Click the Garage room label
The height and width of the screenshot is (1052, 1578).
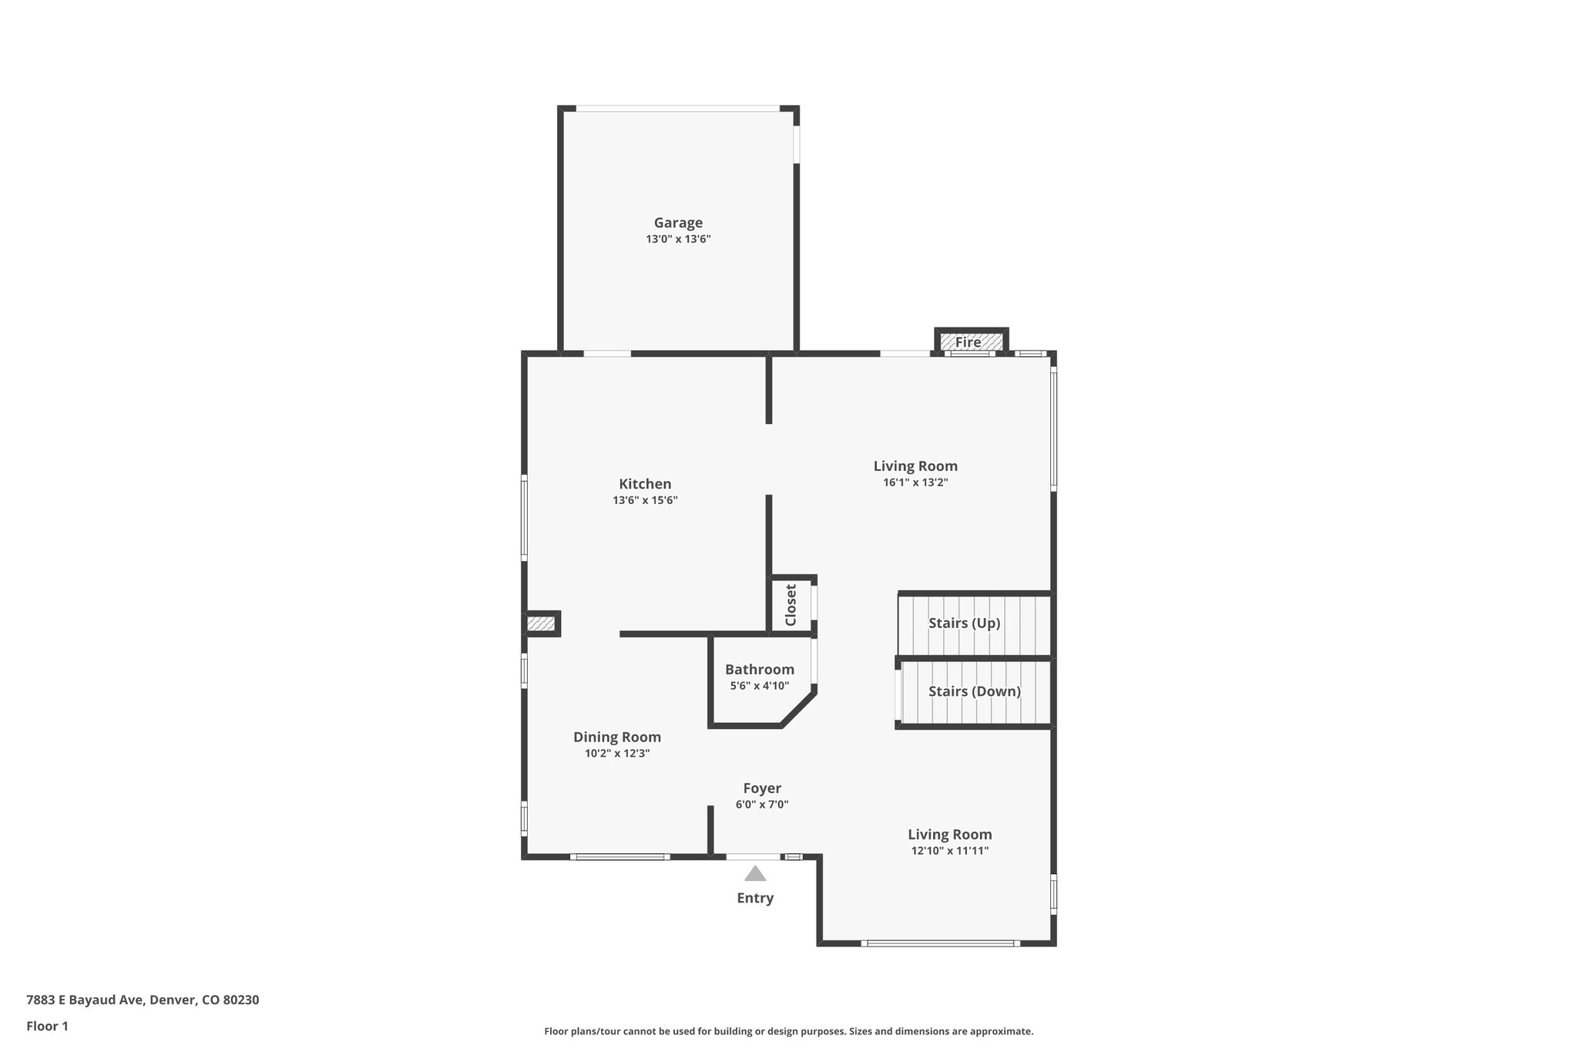click(678, 223)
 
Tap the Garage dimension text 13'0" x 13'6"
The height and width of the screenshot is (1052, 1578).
click(678, 240)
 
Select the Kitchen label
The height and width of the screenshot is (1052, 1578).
click(645, 484)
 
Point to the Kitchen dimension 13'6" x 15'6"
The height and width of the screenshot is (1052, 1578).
click(645, 500)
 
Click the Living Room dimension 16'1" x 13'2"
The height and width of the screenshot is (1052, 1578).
click(915, 482)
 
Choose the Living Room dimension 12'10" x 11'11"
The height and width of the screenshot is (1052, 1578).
click(949, 851)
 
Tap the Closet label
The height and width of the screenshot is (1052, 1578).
click(791, 605)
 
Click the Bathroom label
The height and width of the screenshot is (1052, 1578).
click(759, 670)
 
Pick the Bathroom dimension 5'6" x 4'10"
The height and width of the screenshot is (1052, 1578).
click(759, 685)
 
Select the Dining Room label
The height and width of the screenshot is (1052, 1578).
click(616, 737)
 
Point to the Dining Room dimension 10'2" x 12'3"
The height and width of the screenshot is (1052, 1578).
click(616, 753)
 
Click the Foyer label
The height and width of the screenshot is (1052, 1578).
click(762, 788)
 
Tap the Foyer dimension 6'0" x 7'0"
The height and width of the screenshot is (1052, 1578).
click(762, 805)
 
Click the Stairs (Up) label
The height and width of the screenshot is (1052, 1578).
click(964, 623)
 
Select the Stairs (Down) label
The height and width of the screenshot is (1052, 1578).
click(974, 691)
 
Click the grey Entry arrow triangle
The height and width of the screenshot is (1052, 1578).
click(755, 874)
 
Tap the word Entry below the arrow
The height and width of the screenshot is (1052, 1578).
click(755, 898)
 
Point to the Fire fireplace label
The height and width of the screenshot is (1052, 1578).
click(968, 342)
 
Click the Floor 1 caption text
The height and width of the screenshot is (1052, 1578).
click(47, 1026)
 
